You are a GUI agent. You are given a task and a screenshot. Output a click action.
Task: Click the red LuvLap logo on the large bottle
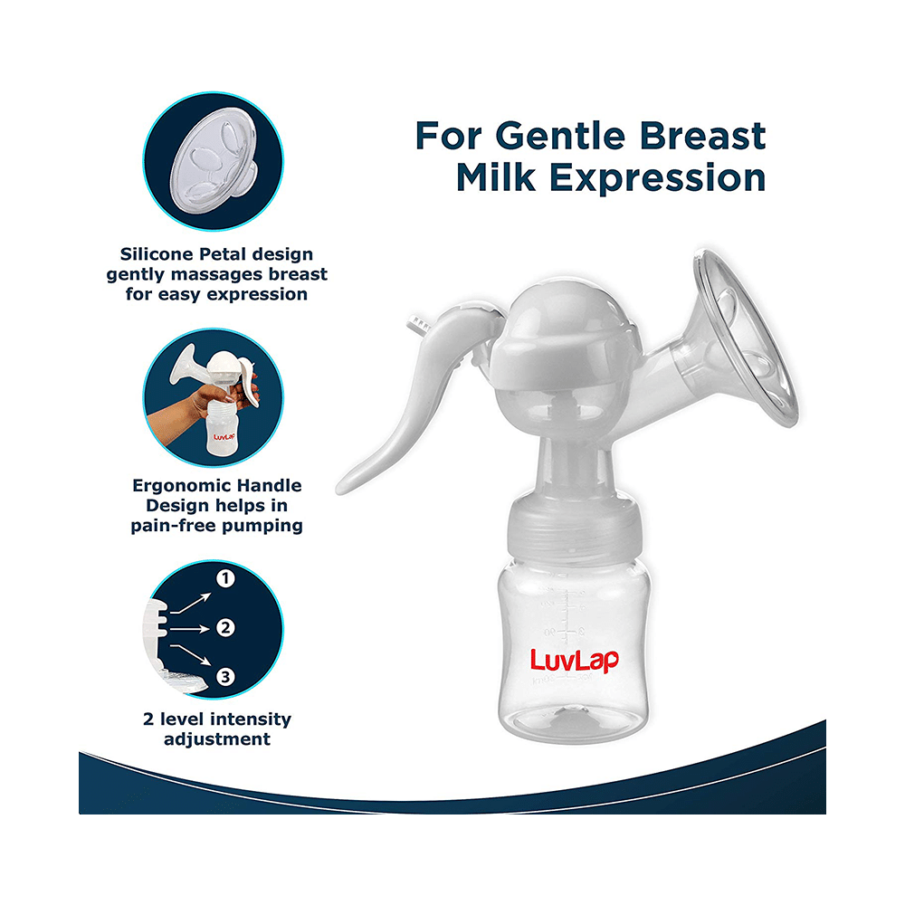(574, 660)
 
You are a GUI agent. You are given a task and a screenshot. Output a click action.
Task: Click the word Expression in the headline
(656, 176)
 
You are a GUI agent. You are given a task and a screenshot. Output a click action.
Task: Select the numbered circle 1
(226, 577)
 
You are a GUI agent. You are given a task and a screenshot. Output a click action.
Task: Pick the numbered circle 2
(226, 626)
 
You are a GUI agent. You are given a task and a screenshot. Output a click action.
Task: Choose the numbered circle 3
(226, 675)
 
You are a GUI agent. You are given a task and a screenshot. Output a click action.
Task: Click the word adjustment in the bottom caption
(216, 739)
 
